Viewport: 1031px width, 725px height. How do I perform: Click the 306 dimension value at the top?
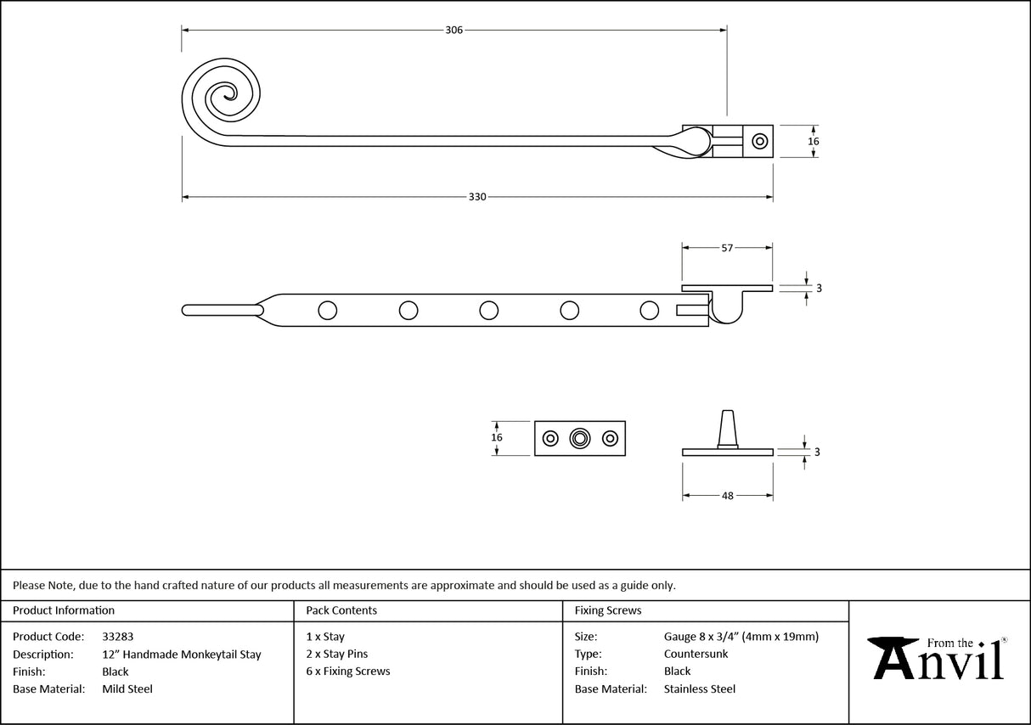click(x=454, y=31)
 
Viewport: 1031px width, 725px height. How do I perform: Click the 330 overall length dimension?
click(x=477, y=197)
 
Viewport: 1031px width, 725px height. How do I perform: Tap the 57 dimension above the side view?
click(x=727, y=248)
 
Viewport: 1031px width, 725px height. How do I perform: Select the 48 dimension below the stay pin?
click(x=727, y=496)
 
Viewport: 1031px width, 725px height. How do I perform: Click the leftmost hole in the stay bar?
click(x=327, y=311)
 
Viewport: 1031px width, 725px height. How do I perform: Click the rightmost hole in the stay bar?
click(x=650, y=311)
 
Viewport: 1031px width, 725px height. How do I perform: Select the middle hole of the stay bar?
click(x=488, y=311)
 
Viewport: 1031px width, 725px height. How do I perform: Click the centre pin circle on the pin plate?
click(x=580, y=438)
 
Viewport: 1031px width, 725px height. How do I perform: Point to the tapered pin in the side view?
click(x=728, y=427)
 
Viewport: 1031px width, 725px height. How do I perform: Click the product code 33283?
click(x=117, y=636)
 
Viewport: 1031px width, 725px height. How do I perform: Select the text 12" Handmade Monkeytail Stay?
click(x=181, y=655)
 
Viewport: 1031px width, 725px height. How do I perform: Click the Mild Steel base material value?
click(x=127, y=689)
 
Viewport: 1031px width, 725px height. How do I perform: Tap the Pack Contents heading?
click(x=341, y=610)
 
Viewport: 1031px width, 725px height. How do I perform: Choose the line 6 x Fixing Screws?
click(x=348, y=672)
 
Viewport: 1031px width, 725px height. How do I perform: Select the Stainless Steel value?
click(x=699, y=689)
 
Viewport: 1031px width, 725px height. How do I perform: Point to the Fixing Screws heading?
click(x=608, y=610)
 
